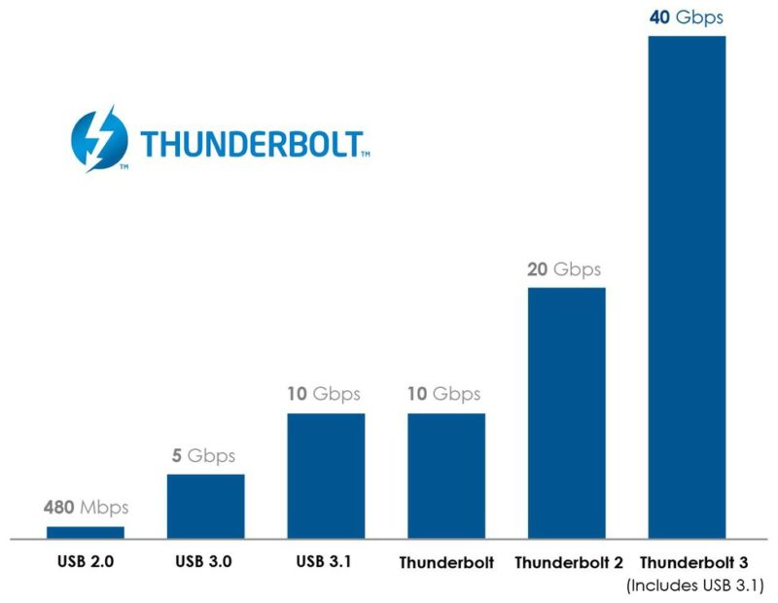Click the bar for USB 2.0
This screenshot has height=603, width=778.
click(86, 532)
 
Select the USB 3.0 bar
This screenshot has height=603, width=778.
click(205, 506)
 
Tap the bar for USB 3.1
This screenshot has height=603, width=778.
click(326, 476)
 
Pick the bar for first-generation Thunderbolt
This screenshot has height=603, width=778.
click(445, 476)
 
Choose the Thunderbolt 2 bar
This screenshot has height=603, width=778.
click(566, 412)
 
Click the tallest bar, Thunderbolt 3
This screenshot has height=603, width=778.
click(687, 287)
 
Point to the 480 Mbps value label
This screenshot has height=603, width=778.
click(86, 508)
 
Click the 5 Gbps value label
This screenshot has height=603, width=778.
click(205, 455)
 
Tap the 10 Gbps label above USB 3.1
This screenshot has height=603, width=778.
click(324, 394)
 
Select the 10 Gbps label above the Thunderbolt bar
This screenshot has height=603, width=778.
click(444, 394)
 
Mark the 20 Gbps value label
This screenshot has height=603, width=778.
click(564, 268)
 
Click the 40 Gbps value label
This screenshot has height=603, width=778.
click(687, 17)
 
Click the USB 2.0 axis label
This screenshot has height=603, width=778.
click(86, 562)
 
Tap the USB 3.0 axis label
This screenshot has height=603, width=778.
click(205, 562)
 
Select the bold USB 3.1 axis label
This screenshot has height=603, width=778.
click(326, 562)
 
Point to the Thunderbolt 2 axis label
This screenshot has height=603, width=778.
click(566, 563)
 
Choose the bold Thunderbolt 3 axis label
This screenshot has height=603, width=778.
click(694, 563)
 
